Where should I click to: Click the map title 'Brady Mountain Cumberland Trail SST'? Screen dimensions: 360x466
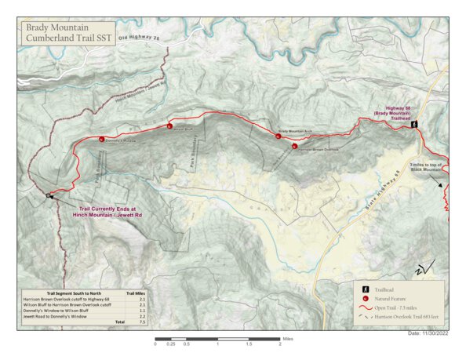tap(69, 33)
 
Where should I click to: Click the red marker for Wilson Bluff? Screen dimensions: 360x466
tap(169, 125)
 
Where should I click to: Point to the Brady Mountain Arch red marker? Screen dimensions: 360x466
tap(278, 136)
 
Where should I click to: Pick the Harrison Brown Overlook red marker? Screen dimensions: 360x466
tap(293, 146)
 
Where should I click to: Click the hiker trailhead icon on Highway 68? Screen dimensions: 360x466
tap(417, 125)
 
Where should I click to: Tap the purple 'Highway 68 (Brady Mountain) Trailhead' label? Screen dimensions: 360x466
tap(399, 114)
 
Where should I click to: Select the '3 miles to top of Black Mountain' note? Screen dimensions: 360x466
tap(427, 166)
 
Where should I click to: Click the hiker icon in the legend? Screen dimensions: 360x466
tap(366, 289)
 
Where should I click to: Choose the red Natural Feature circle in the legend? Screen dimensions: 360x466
tap(366, 299)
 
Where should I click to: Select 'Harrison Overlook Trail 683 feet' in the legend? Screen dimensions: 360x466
tap(406, 318)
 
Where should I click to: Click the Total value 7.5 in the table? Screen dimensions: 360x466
tap(142, 322)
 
